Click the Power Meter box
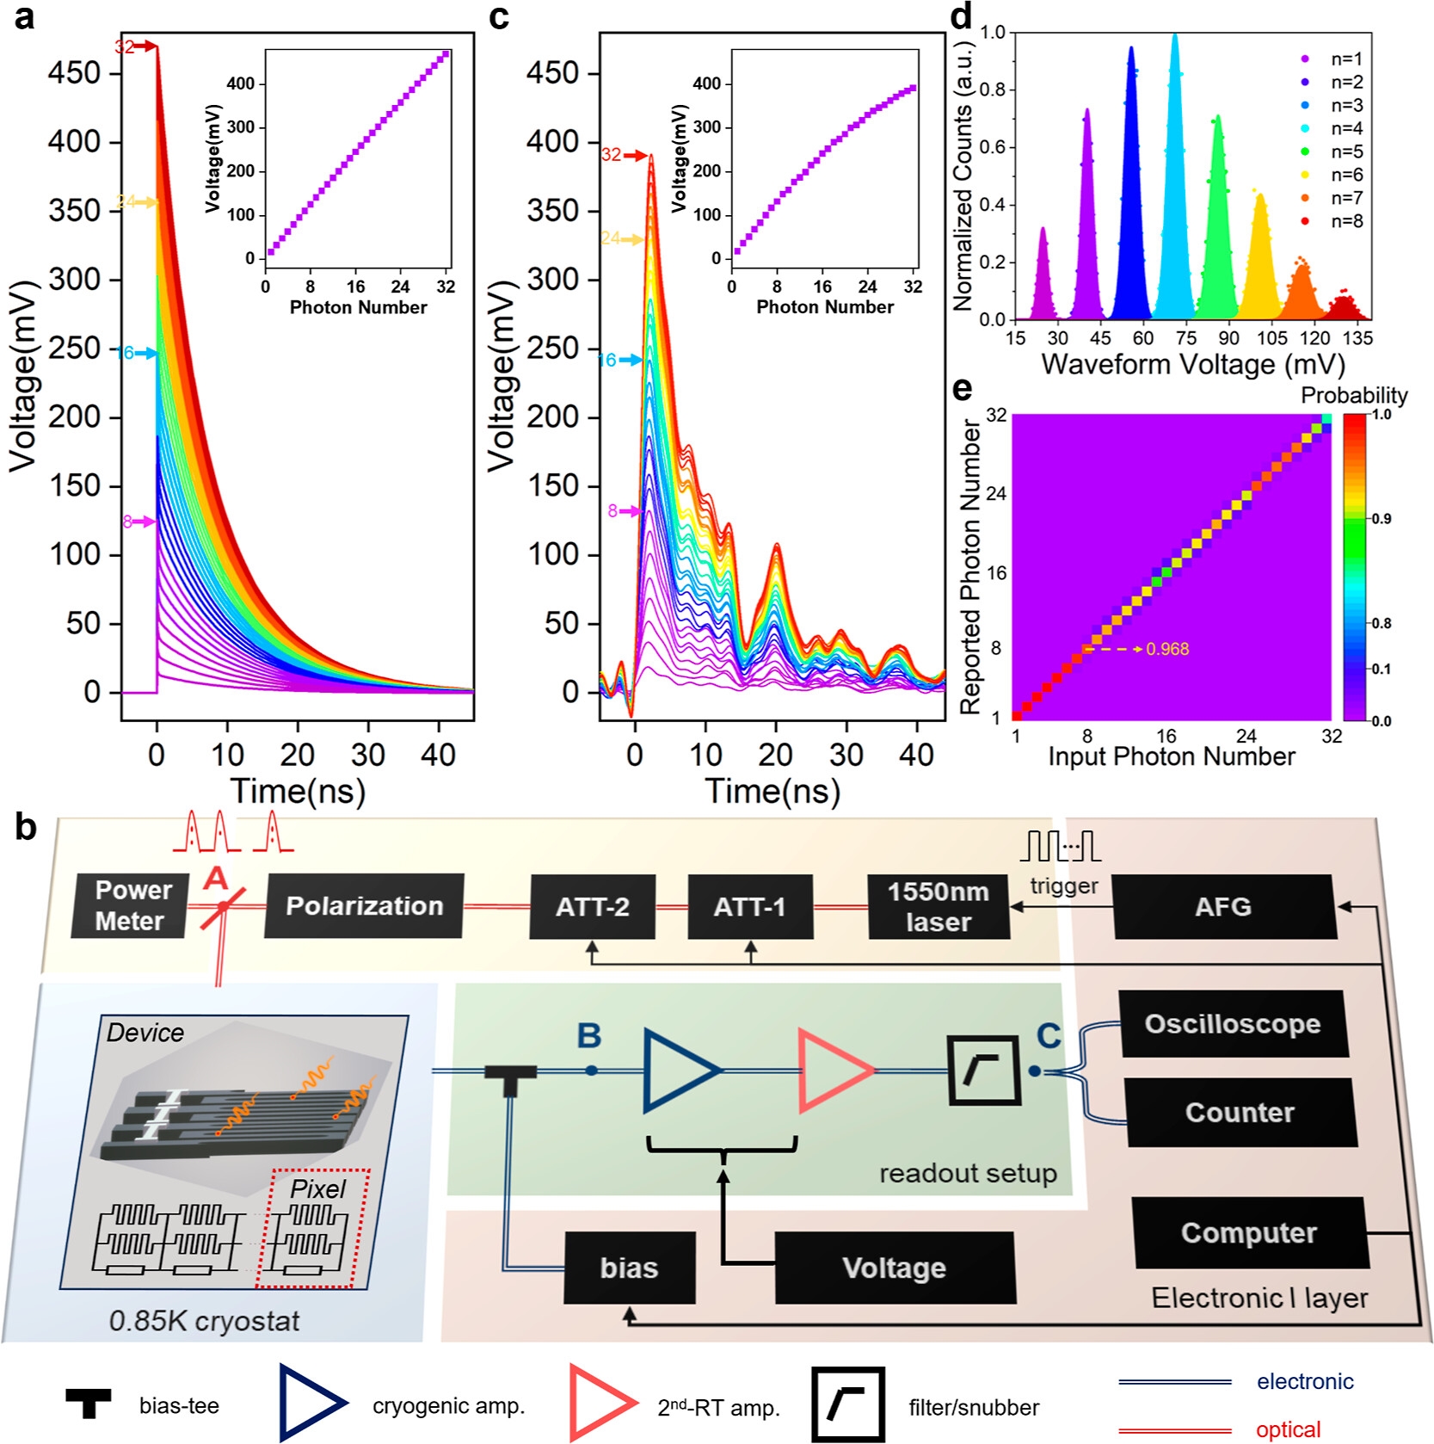point(129,905)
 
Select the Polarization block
point(364,905)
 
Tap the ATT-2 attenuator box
point(592,906)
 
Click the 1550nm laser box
point(938,906)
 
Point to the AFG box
point(1223,906)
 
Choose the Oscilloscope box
point(1232,1023)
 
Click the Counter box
point(1240,1112)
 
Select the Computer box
point(1248,1232)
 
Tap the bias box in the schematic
point(629,1268)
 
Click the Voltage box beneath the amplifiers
point(894,1268)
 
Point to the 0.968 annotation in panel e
point(1167,649)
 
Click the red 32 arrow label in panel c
point(612,155)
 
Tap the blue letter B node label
point(589,1036)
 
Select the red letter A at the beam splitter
point(215,879)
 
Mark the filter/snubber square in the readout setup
point(984,1071)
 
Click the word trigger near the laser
point(1064,886)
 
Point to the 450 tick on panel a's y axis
point(75,73)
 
